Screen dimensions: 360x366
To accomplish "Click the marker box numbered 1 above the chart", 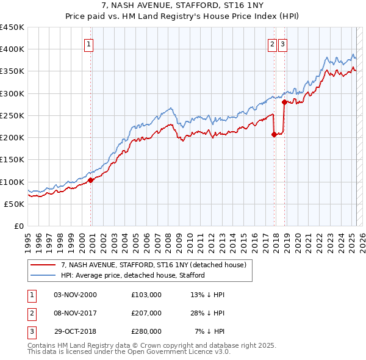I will click(88, 44).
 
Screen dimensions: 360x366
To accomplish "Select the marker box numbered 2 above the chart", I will click(271, 44).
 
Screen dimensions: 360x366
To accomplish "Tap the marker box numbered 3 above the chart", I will click(284, 44).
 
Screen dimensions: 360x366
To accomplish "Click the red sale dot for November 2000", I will click(90, 180).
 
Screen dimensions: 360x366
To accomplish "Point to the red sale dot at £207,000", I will click(274, 135).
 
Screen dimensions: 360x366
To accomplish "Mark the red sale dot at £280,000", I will click(284, 103).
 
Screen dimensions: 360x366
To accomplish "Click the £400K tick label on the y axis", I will click(12, 49).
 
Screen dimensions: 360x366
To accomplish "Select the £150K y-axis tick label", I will click(12, 160).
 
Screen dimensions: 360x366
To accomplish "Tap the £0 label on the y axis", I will click(19, 226).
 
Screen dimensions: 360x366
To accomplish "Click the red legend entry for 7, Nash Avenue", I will click(153, 265).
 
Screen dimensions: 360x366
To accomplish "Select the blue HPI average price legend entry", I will click(132, 276).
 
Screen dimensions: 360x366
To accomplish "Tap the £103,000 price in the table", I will click(146, 295).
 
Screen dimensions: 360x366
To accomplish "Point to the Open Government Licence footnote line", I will click(129, 352).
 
